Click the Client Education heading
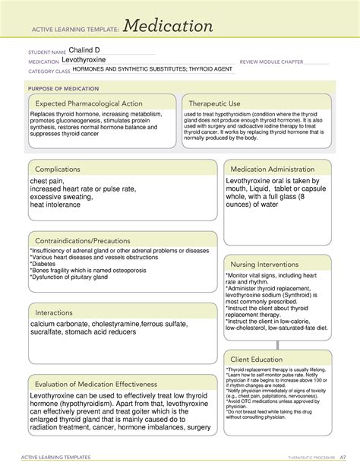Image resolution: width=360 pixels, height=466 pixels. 258,359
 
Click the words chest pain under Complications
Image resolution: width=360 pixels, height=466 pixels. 49,182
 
